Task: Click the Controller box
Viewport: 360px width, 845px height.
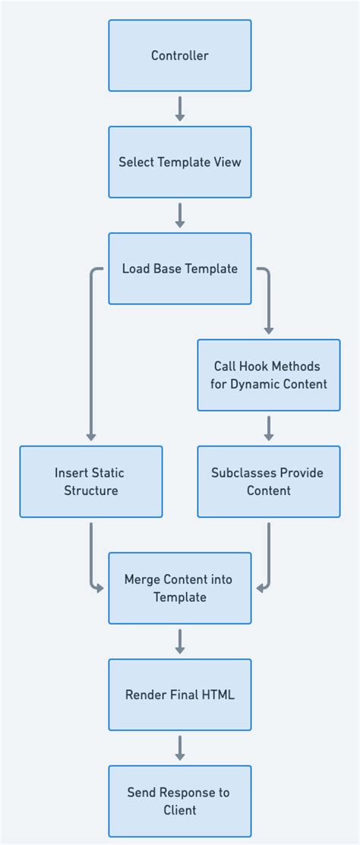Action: click(180, 55)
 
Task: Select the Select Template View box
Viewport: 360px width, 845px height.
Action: click(180, 162)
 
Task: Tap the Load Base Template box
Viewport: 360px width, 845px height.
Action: click(180, 269)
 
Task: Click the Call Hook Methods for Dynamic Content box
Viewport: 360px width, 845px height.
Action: click(268, 375)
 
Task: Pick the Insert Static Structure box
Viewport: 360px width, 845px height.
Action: click(91, 481)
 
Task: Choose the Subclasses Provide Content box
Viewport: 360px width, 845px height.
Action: click(268, 481)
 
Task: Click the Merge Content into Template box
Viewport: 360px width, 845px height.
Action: click(180, 588)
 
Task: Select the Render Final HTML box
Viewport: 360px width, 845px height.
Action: click(180, 695)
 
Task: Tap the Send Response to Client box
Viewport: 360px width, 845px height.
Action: click(180, 801)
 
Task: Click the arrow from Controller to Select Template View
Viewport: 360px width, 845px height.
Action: click(180, 109)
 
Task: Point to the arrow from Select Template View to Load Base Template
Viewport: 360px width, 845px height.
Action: click(180, 215)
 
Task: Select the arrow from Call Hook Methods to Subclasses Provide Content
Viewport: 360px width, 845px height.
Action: click(268, 428)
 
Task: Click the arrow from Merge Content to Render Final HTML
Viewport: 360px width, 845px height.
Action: click(180, 642)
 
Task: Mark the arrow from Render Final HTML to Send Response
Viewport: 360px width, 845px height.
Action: click(180, 748)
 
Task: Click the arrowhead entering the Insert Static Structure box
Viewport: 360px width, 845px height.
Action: click(91, 437)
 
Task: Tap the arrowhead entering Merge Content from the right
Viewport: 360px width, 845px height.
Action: click(261, 588)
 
